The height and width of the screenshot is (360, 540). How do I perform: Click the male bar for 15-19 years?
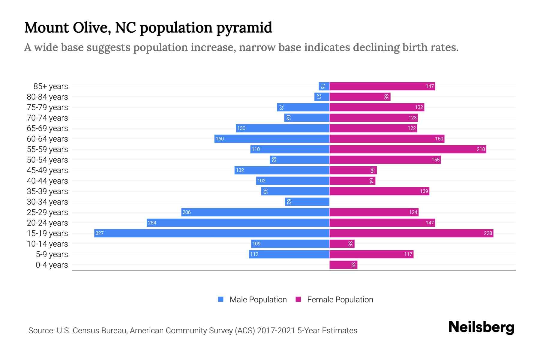[211, 233]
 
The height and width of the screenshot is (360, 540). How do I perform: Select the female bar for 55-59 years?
[407, 149]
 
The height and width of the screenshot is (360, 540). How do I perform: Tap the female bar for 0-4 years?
[343, 265]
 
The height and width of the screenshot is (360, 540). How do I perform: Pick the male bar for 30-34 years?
[307, 202]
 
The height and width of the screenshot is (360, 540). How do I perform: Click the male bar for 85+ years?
[324, 86]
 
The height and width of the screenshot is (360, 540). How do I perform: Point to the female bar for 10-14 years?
[342, 244]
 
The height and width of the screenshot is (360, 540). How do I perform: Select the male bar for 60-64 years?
[272, 139]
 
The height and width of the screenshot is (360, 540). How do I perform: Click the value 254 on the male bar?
[152, 223]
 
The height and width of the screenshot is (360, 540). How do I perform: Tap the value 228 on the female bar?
[488, 233]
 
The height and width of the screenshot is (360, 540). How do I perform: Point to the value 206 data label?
[187, 212]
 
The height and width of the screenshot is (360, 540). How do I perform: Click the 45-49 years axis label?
[47, 170]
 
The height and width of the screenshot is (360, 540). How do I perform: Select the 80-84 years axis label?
[47, 97]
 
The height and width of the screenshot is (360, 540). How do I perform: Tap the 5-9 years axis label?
[52, 254]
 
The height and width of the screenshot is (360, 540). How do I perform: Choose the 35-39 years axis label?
[47, 191]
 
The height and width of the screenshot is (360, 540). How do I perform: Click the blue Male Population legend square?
[221, 299]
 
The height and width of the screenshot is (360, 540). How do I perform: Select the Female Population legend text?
[340, 299]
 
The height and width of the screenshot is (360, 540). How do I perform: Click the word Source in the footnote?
[41, 330]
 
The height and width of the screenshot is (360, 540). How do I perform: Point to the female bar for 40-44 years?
[352, 181]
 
